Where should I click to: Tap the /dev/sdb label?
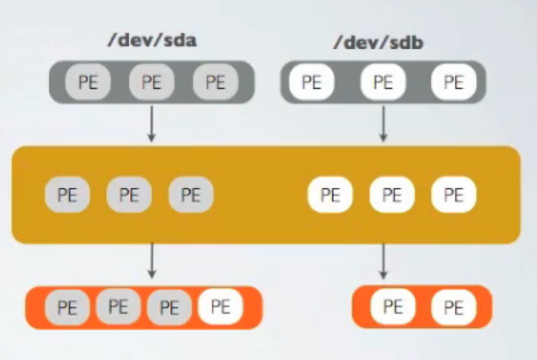pos(382,41)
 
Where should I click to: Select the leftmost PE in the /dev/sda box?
pos(88,83)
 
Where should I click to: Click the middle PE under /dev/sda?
pos(151,83)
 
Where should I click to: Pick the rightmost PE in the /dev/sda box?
pos(215,83)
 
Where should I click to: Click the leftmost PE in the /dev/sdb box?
pos(311,83)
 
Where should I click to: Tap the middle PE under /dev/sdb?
pos(382,83)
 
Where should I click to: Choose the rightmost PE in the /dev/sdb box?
pos(453,83)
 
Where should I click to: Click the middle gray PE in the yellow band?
pos(129,194)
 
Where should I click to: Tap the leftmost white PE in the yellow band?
pos(330,194)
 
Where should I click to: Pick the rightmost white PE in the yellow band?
pos(453,194)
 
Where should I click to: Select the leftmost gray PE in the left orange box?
pos(67,307)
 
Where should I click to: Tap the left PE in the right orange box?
pos(392,307)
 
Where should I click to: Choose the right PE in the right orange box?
pos(453,307)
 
